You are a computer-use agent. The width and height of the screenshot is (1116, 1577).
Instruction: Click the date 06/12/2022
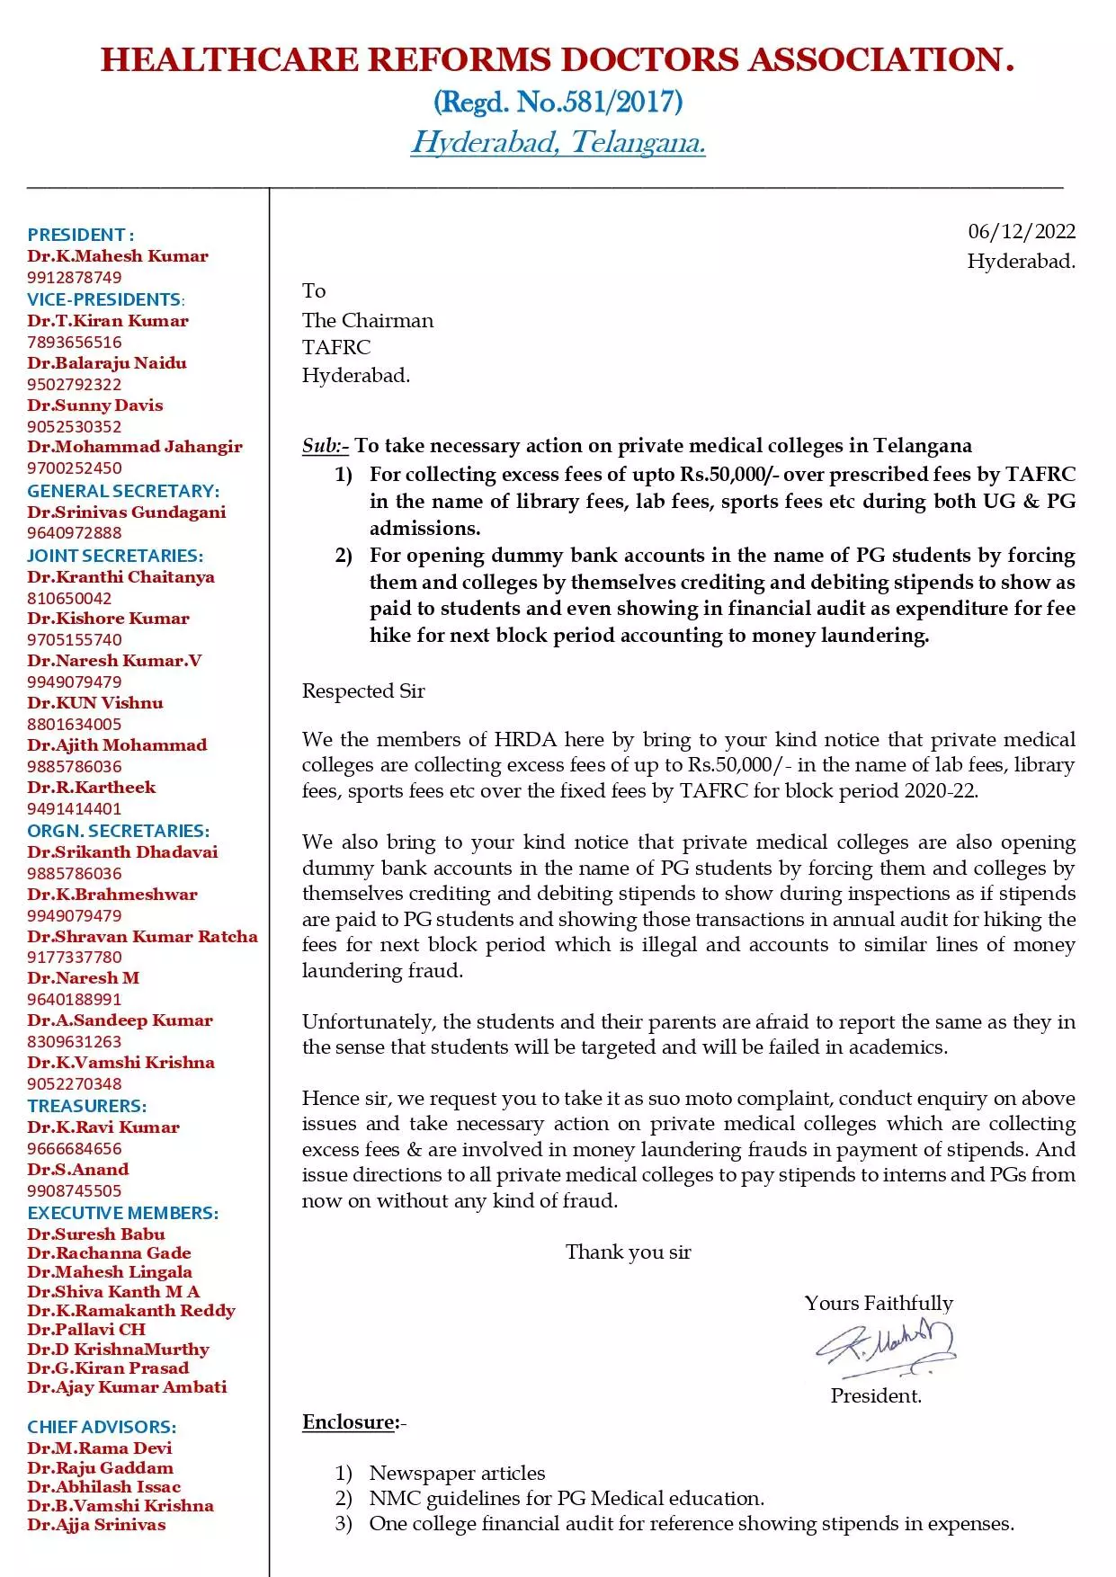pyautogui.click(x=1021, y=232)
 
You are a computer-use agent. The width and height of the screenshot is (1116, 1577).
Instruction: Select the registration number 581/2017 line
pyautogui.click(x=558, y=102)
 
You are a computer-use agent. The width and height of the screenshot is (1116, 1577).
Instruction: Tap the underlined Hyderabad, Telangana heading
pyautogui.click(x=558, y=142)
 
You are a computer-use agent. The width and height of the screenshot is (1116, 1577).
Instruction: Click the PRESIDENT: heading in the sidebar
pyautogui.click(x=81, y=235)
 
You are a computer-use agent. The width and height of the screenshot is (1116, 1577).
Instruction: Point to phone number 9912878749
pyautogui.click(x=74, y=278)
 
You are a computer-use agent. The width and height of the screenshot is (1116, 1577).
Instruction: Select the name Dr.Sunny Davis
pyautogui.click(x=94, y=405)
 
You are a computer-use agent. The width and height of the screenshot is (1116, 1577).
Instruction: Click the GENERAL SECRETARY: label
pyautogui.click(x=123, y=491)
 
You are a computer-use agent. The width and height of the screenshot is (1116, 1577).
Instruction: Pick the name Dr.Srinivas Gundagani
pyautogui.click(x=126, y=512)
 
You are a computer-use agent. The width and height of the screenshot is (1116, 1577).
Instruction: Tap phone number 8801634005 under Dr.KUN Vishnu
pyautogui.click(x=74, y=725)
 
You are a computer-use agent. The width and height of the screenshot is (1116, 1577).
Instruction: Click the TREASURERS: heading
pyautogui.click(x=86, y=1106)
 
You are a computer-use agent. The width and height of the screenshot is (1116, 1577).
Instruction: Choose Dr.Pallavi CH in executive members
pyautogui.click(x=85, y=1329)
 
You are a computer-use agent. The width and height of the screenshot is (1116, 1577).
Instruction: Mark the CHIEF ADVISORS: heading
pyautogui.click(x=102, y=1427)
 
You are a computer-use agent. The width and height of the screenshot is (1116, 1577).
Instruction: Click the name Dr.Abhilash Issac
pyautogui.click(x=103, y=1486)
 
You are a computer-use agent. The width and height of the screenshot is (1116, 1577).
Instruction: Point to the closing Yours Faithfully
pyautogui.click(x=879, y=1303)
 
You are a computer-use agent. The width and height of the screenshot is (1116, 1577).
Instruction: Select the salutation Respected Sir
pyautogui.click(x=363, y=690)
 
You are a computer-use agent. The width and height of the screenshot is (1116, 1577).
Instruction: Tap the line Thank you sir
pyautogui.click(x=628, y=1252)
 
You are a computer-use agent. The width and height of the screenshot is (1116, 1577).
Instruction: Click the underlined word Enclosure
pyautogui.click(x=349, y=1421)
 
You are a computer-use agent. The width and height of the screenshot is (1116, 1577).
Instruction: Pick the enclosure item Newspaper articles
pyautogui.click(x=457, y=1473)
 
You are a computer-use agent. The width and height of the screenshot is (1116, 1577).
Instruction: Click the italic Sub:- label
pyautogui.click(x=325, y=446)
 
